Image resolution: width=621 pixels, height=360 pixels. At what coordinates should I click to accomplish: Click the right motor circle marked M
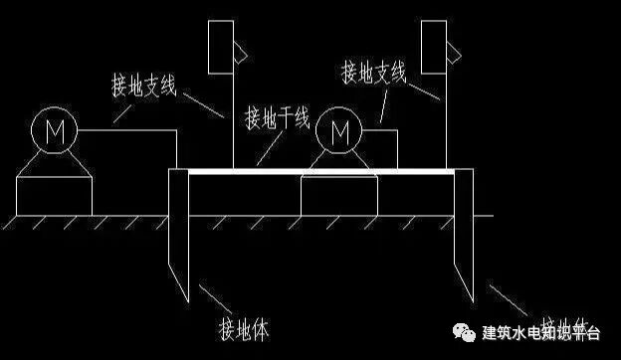tap(339, 130)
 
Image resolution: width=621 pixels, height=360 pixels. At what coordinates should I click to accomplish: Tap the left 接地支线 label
tap(143, 85)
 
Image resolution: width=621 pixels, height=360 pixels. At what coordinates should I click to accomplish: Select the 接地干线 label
tap(278, 119)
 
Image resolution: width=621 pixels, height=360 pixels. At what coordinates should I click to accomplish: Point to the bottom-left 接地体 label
tap(244, 327)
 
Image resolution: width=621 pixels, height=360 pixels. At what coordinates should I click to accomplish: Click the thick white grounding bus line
tap(318, 171)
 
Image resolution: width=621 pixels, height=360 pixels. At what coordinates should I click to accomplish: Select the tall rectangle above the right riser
tap(433, 46)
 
